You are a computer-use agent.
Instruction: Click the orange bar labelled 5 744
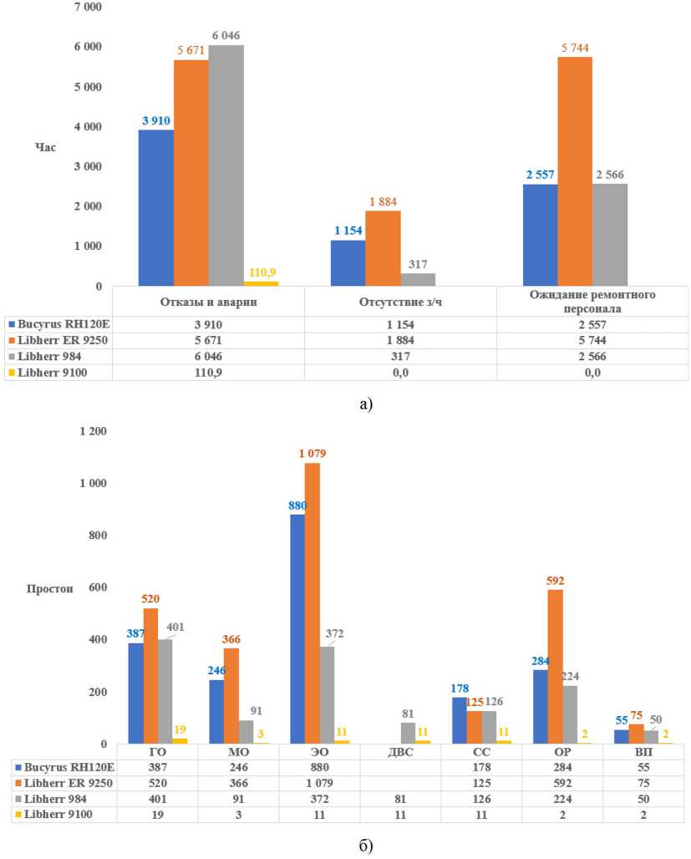(x=575, y=171)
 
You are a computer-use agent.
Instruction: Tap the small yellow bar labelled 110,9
(x=261, y=283)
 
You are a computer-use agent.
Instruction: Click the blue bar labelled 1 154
(x=348, y=262)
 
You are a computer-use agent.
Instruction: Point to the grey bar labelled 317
(x=418, y=279)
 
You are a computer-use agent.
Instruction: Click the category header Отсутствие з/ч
(x=399, y=302)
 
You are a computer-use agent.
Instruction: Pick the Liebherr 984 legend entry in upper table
(x=58, y=357)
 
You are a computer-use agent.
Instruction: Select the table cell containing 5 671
(x=207, y=340)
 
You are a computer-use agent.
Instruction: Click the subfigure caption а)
(x=365, y=404)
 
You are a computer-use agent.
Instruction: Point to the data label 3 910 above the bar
(x=156, y=120)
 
